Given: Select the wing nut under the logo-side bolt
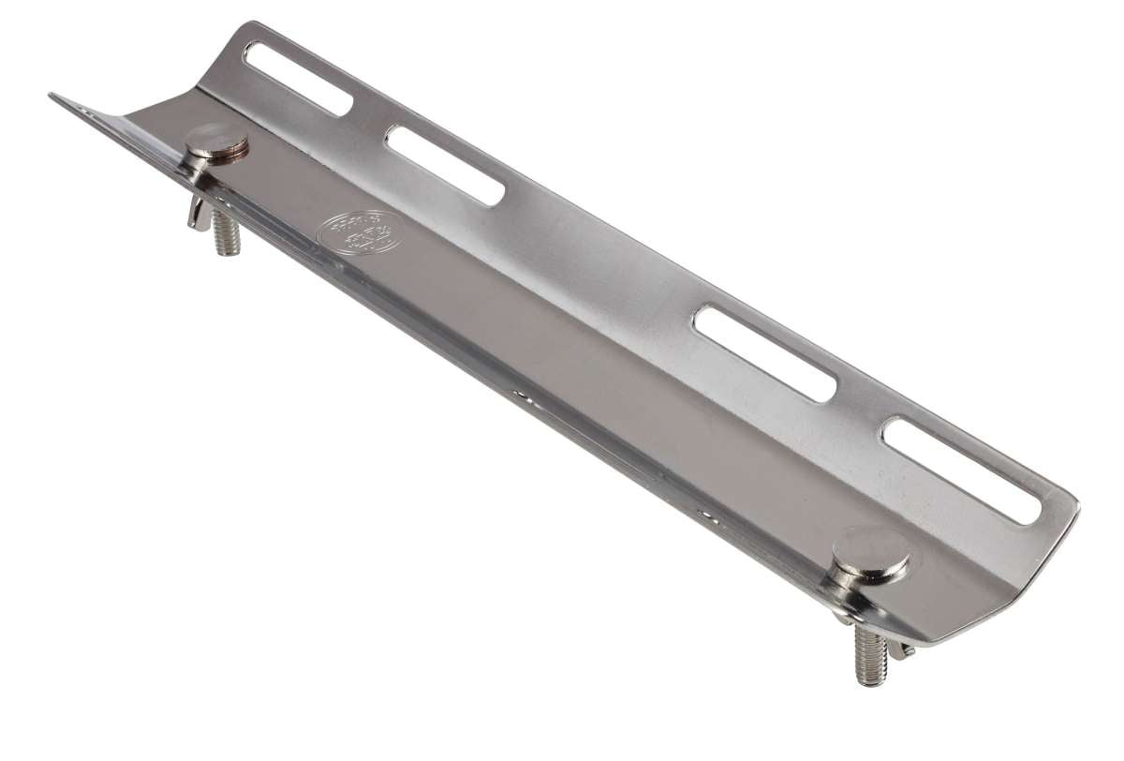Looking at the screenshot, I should pyautogui.click(x=199, y=210).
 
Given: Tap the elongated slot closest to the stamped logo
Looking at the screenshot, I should pyautogui.click(x=445, y=164).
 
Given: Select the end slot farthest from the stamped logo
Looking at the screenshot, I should pyautogui.click(x=962, y=470).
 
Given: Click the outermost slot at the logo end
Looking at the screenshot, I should pyautogui.click(x=296, y=78).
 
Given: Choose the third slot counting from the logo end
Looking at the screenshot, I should pyautogui.click(x=764, y=352).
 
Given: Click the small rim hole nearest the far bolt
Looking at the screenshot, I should pyautogui.click(x=704, y=514).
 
